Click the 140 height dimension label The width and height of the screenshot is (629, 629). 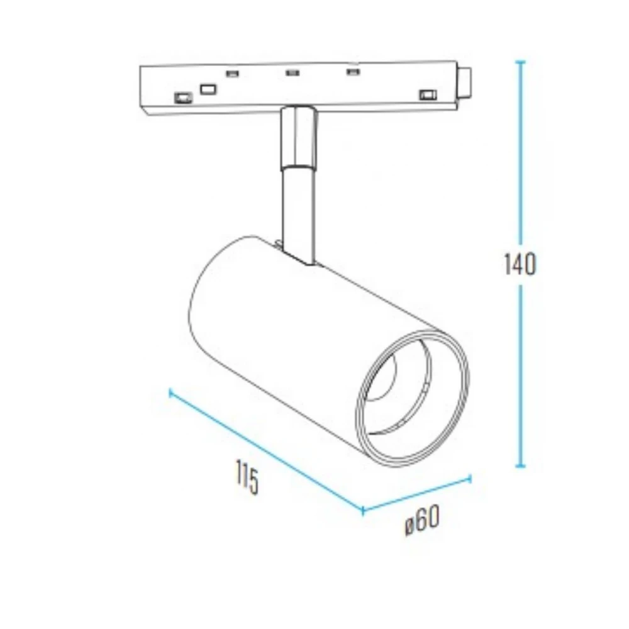pos(520,264)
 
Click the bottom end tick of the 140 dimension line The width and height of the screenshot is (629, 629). pos(520,466)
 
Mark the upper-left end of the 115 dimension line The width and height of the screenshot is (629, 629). pos(170,392)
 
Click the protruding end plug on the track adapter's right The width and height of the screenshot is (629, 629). pos(465,82)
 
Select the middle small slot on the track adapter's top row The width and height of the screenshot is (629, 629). pos(292,73)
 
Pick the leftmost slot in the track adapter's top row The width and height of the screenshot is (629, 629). pos(232,74)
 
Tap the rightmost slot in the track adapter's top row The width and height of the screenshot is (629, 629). pos(352,72)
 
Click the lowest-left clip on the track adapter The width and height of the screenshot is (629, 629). pos(182,97)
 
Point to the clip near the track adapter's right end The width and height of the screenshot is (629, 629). pos(427,95)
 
